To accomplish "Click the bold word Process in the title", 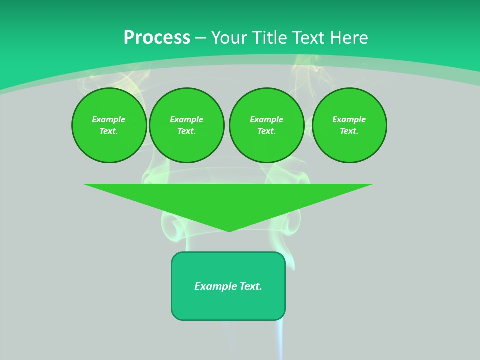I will [x=157, y=38].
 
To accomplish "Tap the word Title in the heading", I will [x=271, y=38].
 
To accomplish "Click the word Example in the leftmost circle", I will [x=109, y=119].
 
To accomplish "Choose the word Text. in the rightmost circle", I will [x=349, y=131].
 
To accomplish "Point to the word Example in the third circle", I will [x=267, y=119].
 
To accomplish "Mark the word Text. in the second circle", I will [x=187, y=131].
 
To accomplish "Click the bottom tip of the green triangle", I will [x=229, y=231].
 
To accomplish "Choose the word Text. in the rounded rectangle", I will [x=251, y=286].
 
